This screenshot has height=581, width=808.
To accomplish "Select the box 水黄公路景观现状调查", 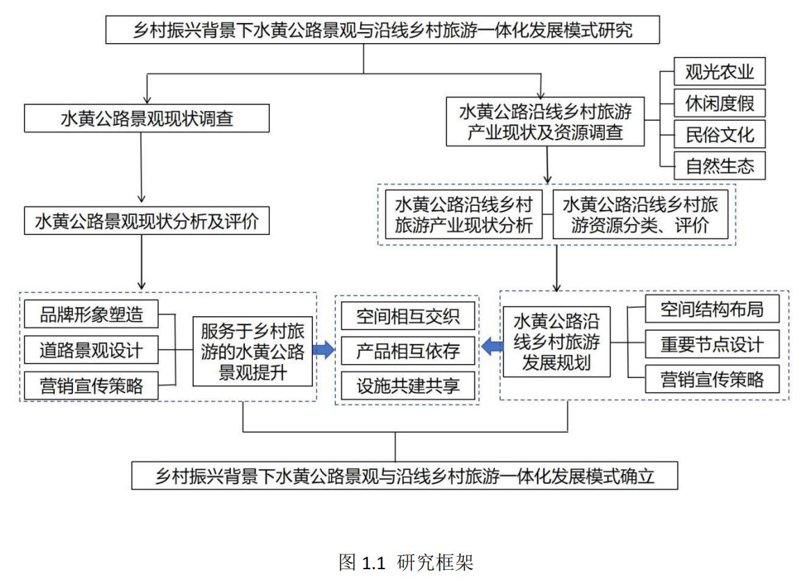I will pyautogui.click(x=146, y=119).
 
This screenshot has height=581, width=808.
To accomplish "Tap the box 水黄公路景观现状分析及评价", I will pyautogui.click(x=146, y=222).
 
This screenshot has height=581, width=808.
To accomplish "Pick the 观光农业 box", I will pyautogui.click(x=719, y=72).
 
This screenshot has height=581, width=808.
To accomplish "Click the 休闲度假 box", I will pyautogui.click(x=719, y=103).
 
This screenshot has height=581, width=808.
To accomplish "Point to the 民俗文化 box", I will pyautogui.click(x=719, y=134).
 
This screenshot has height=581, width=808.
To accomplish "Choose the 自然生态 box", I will pyautogui.click(x=719, y=166).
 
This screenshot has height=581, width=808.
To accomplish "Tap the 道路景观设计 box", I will pyautogui.click(x=91, y=350).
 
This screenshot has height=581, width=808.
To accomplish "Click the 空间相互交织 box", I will pyautogui.click(x=407, y=316).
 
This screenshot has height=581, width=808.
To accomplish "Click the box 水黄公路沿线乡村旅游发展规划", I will pyautogui.click(x=556, y=342).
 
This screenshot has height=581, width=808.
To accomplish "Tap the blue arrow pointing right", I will pyautogui.click(x=323, y=350).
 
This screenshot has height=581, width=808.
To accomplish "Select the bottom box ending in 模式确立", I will pyautogui.click(x=405, y=476).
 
